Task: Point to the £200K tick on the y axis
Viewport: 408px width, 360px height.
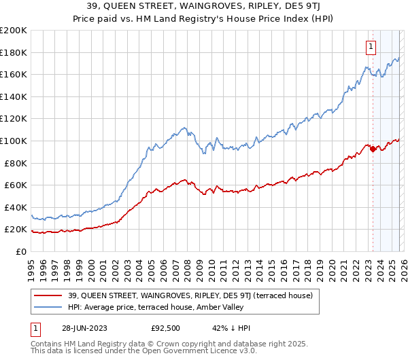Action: click(x=14, y=31)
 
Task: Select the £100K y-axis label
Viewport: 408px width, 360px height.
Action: click(x=14, y=141)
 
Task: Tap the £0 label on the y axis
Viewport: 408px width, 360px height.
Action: click(x=20, y=251)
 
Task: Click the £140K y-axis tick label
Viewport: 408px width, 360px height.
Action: click(x=14, y=96)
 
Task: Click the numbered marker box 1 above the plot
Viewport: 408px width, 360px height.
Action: click(x=371, y=47)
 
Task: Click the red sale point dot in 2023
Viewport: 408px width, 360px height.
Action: click(x=373, y=149)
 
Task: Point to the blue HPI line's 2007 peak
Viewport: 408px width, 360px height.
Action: click(x=184, y=127)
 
